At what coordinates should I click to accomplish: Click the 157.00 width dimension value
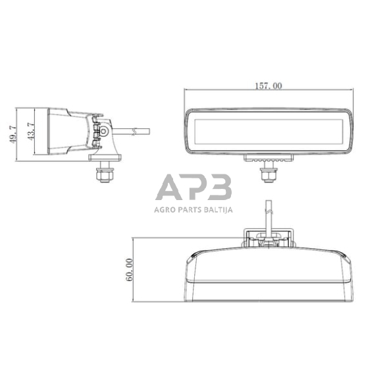click(267, 86)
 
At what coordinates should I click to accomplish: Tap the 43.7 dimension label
click(28, 132)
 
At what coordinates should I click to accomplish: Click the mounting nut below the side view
click(103, 173)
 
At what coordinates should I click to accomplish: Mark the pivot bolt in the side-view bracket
click(103, 132)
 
